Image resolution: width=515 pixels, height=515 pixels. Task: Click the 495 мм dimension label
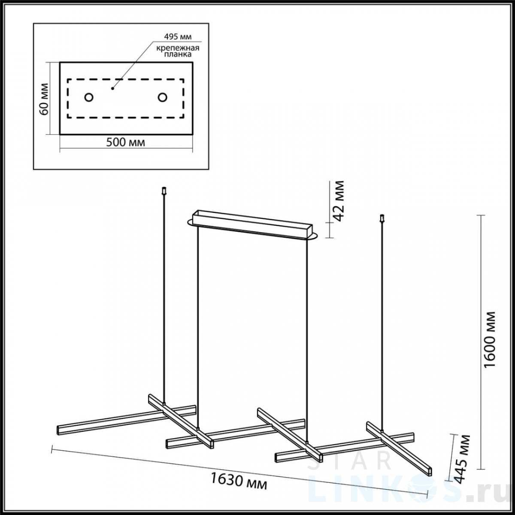pyautogui.click(x=178, y=36)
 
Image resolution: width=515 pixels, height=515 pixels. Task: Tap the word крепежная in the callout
pyautogui.click(x=178, y=48)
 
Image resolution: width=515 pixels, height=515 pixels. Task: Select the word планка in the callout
pyautogui.click(x=178, y=55)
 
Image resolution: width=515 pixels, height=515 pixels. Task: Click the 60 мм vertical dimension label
pyautogui.click(x=45, y=99)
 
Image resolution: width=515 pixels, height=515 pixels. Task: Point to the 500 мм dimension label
pyautogui.click(x=126, y=142)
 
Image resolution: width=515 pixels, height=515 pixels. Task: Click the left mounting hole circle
pyautogui.click(x=89, y=97)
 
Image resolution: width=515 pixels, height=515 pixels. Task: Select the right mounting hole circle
pyautogui.click(x=162, y=97)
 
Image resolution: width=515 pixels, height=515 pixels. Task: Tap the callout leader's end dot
pyautogui.click(x=112, y=88)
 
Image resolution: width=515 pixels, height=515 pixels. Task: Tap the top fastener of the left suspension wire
pyautogui.click(x=164, y=191)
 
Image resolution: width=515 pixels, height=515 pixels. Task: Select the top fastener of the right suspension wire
pyautogui.click(x=382, y=218)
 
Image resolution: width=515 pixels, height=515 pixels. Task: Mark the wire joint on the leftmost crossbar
pyautogui.click(x=164, y=388)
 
